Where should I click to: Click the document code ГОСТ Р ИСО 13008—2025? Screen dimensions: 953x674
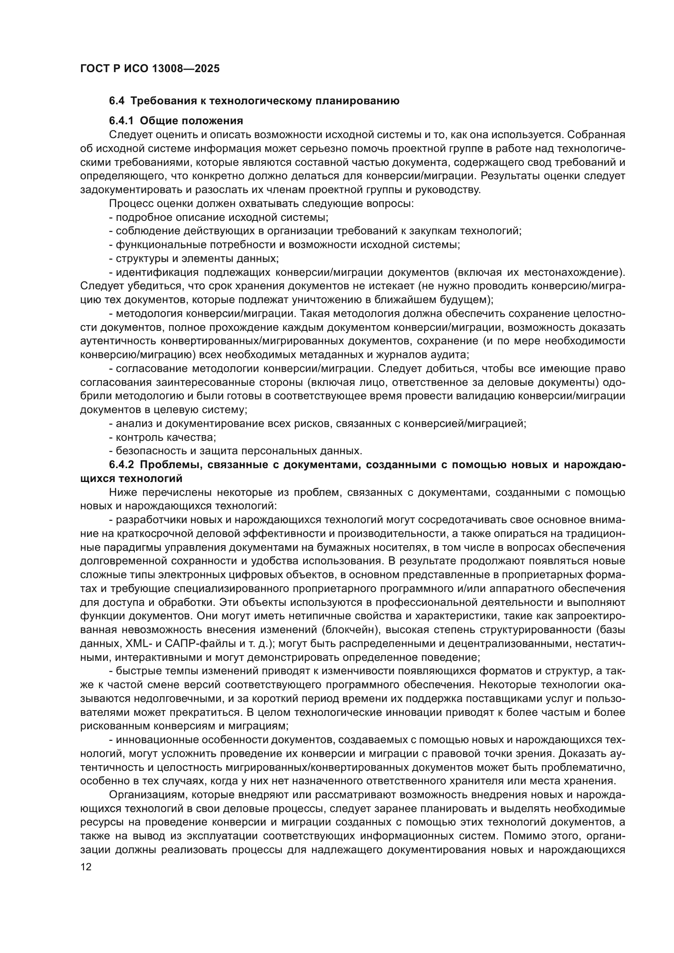[x=150, y=69]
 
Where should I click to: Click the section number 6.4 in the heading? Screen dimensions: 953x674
[x=117, y=101]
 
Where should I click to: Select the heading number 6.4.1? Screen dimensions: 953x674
[x=121, y=121]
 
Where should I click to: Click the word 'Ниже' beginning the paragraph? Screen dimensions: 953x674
[x=122, y=493]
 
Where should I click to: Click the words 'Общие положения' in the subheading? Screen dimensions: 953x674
[x=192, y=121]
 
